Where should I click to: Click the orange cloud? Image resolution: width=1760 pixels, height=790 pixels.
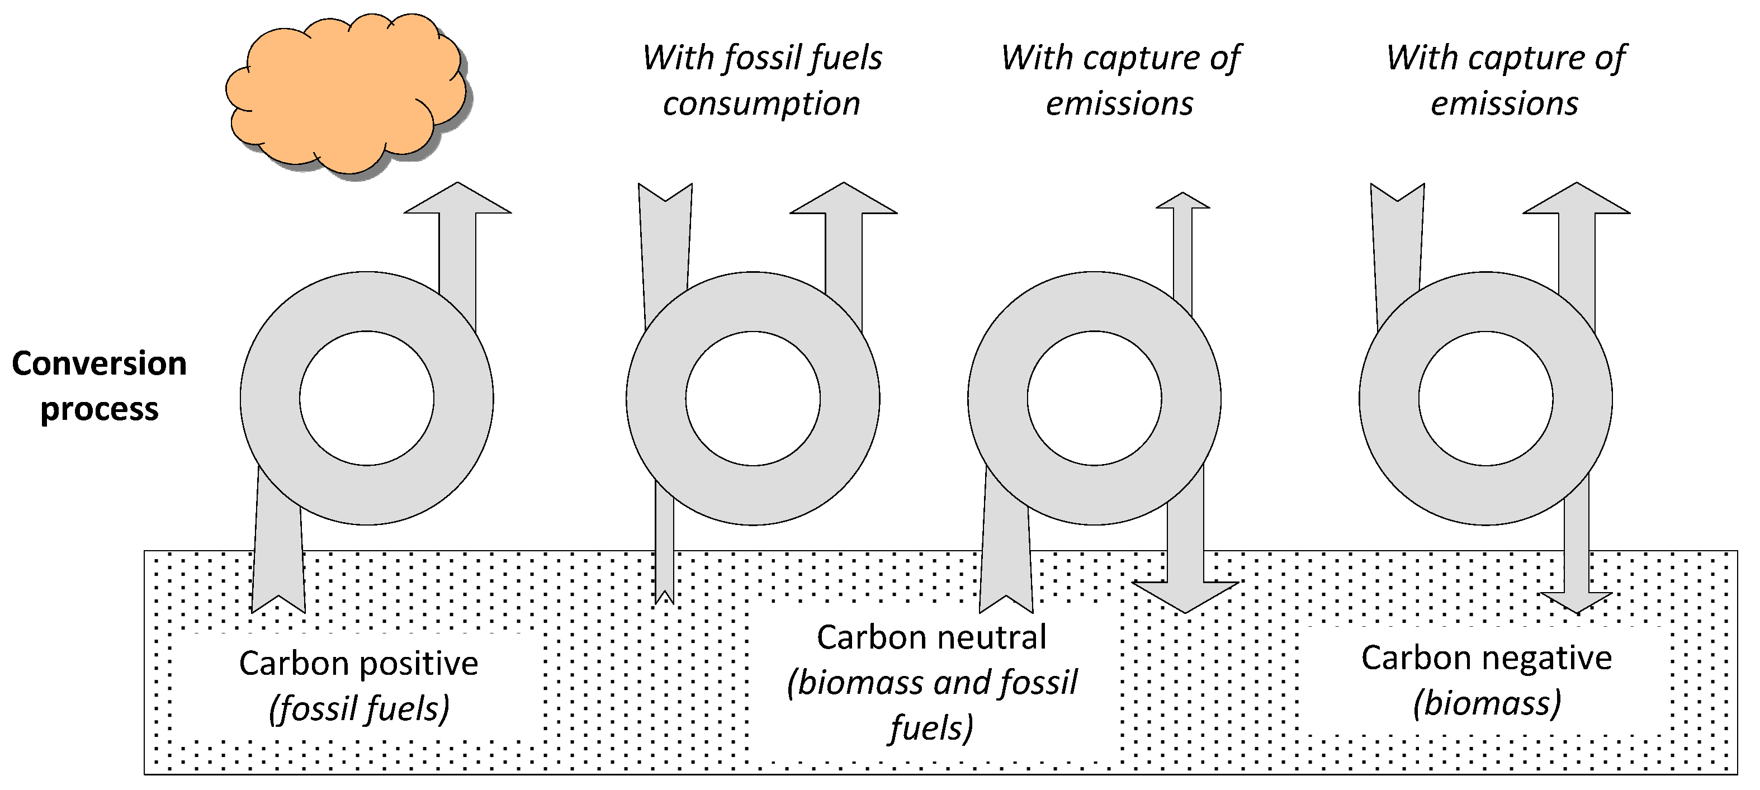(345, 96)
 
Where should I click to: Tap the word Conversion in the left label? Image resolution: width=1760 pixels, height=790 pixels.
(99, 363)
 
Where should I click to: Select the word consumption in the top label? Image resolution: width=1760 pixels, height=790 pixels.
(761, 104)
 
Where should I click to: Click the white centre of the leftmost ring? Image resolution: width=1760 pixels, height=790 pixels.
(367, 399)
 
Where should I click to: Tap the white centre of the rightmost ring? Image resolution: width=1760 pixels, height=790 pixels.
(1485, 399)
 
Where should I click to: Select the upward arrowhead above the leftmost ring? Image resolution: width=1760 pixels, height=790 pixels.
(457, 200)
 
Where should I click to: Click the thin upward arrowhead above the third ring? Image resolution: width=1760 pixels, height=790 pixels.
(1182, 200)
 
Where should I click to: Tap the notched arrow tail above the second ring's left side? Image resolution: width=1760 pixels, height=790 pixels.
(665, 205)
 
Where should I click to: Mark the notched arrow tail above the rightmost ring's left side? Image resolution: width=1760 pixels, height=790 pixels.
(1398, 205)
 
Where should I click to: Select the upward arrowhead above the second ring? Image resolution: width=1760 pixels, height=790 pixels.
(844, 200)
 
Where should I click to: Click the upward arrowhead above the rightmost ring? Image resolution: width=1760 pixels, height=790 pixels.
(1576, 200)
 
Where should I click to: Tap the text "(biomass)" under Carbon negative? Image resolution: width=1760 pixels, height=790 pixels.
(1487, 703)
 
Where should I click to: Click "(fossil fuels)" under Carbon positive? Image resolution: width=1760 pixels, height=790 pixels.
(359, 709)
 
